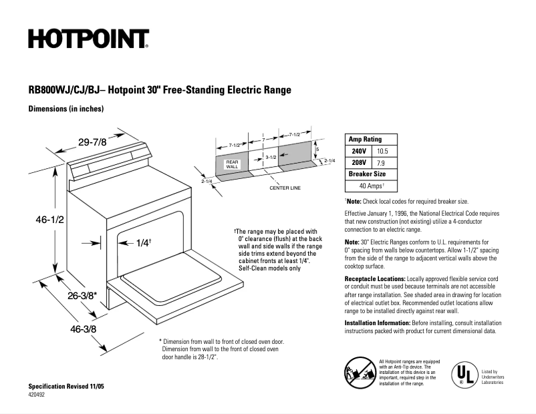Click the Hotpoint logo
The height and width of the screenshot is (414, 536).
tap(88, 39)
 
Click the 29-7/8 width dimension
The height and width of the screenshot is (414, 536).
tap(92, 142)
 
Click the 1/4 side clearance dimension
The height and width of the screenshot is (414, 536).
tap(143, 243)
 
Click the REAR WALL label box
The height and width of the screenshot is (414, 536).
tap(232, 164)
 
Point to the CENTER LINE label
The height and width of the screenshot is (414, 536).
tap(285, 188)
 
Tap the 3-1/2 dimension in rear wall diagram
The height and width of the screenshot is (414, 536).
tap(271, 157)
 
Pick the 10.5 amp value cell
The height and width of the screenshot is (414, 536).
tap(382, 151)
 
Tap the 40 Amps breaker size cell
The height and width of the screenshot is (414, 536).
tap(372, 186)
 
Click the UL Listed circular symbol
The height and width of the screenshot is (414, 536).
tap(462, 375)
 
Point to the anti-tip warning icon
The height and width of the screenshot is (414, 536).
tap(359, 372)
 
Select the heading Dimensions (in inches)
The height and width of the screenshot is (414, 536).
tap(66, 108)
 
